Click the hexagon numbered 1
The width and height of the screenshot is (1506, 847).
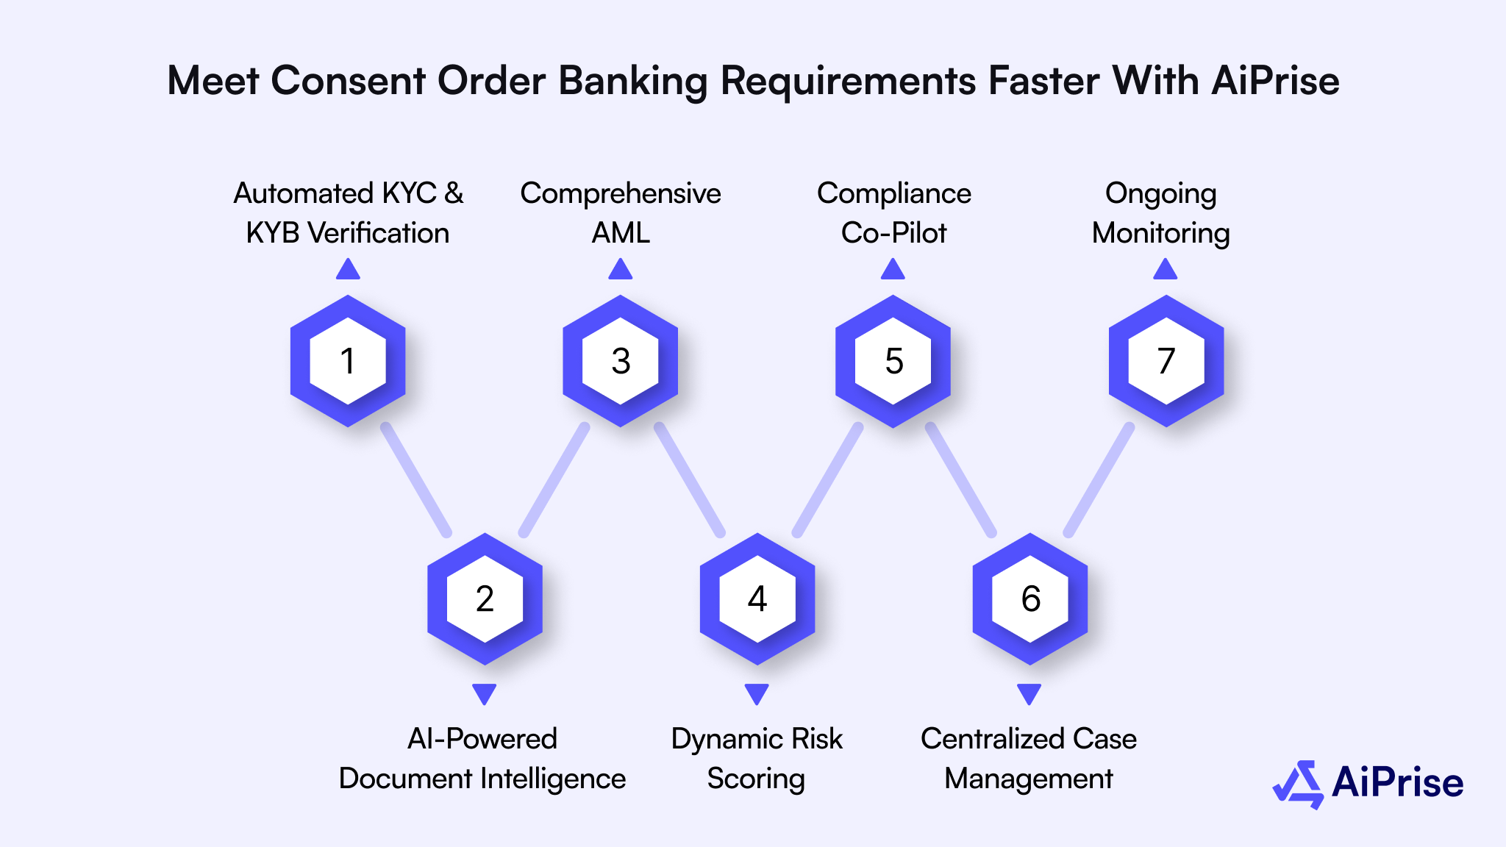pyautogui.click(x=348, y=361)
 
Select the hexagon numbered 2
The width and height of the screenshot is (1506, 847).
pyautogui.click(x=485, y=598)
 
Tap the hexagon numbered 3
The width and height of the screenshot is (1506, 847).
pyautogui.click(x=621, y=361)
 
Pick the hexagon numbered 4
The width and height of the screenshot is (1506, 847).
pyautogui.click(x=757, y=598)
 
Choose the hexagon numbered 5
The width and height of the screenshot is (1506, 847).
pyautogui.click(x=893, y=361)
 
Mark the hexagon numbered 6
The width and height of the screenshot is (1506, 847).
pyautogui.click(x=1030, y=598)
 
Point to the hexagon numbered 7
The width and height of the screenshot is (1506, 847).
pyautogui.click(x=1166, y=361)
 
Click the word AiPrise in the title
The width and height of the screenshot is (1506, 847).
pyautogui.click(x=1275, y=80)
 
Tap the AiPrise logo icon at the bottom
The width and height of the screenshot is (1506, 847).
pyautogui.click(x=1299, y=784)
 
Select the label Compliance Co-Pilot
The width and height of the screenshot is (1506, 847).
pyautogui.click(x=893, y=213)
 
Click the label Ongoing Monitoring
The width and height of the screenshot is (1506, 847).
pyautogui.click(x=1160, y=213)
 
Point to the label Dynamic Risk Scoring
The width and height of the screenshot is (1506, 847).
pyautogui.click(x=757, y=758)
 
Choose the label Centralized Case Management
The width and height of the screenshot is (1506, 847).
pyautogui.click(x=1029, y=758)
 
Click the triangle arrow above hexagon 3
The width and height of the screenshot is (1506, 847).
pyautogui.click(x=621, y=270)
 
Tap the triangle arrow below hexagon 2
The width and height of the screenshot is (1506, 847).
pyautogui.click(x=485, y=693)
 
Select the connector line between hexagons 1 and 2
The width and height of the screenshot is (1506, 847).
pyautogui.click(x=416, y=479)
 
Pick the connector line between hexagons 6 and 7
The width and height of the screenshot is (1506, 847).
pyautogui.click(x=1099, y=479)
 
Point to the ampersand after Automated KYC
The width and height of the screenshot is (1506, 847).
pyautogui.click(x=454, y=193)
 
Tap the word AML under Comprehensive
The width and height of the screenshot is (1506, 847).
pyautogui.click(x=621, y=233)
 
